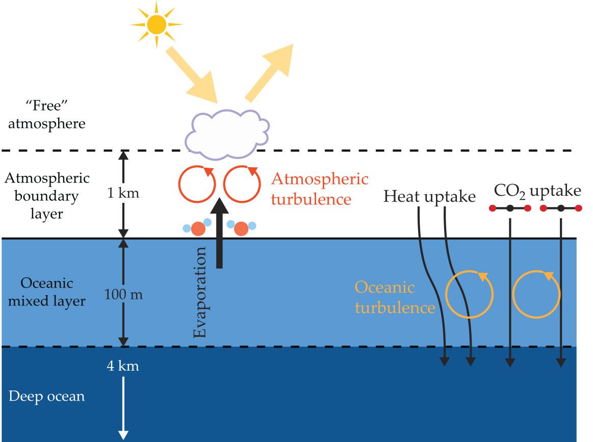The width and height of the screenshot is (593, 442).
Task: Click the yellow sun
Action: [x=156, y=23]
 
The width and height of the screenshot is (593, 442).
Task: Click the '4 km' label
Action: [x=123, y=366]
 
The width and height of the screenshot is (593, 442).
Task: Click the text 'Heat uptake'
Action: [x=430, y=196]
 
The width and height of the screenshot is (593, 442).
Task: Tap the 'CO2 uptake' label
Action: [x=537, y=192]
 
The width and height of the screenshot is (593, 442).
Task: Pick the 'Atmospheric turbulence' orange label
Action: [x=319, y=189]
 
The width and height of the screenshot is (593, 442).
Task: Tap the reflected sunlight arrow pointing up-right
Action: [x=270, y=71]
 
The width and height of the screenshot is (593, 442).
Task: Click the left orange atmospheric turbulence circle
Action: [x=196, y=184]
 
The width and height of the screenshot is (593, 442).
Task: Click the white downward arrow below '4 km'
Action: [x=123, y=408]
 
